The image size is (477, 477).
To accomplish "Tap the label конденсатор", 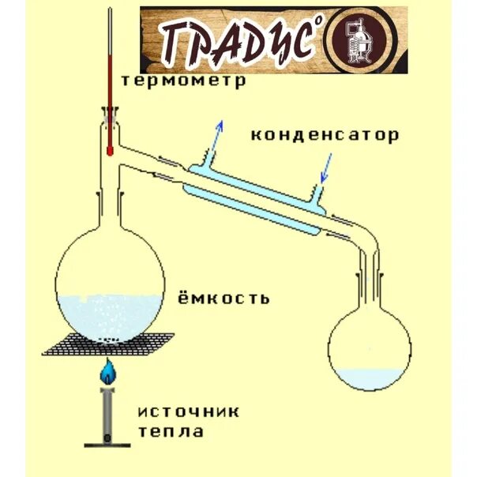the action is [325, 135].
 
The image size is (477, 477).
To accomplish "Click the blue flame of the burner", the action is [108, 369].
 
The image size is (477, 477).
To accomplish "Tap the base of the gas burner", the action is [108, 440].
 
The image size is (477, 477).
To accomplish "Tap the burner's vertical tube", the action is [108, 411].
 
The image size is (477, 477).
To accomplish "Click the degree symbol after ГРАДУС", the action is [321, 21].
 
